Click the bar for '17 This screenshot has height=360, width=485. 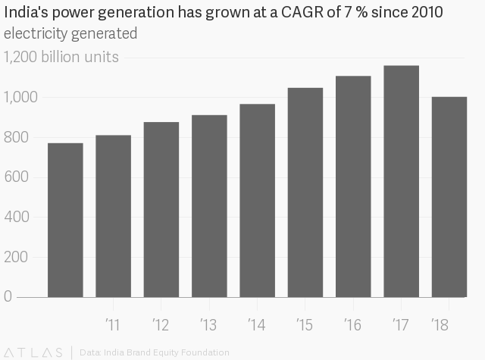pos(401,181)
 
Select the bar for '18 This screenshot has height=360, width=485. pos(449,197)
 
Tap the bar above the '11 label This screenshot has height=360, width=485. pos(113,216)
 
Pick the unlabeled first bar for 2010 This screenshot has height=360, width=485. pos(65,221)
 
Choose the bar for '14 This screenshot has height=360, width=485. pos(258,201)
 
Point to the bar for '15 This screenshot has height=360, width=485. pos(305,193)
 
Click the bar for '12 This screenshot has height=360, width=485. pos(161,210)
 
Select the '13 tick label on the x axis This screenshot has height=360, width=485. pos(208,324)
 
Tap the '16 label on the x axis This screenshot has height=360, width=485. pos(352,324)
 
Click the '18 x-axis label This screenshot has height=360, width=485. pos(440,324)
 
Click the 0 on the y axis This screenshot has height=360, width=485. pos(8,296)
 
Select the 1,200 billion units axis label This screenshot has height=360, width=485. pos(61,57)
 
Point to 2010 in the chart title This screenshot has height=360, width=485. pos(427,12)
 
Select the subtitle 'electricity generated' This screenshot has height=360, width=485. pos(70,33)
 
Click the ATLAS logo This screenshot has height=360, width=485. pos(33,352)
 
